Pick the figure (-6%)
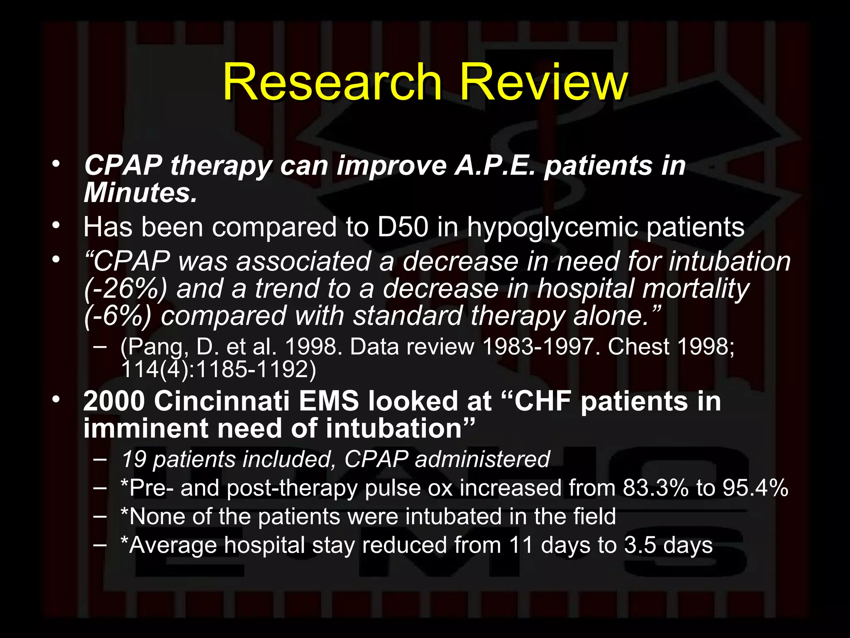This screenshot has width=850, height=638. (x=118, y=316)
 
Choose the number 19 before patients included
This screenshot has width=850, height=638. (x=134, y=459)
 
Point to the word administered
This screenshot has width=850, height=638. (x=482, y=459)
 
